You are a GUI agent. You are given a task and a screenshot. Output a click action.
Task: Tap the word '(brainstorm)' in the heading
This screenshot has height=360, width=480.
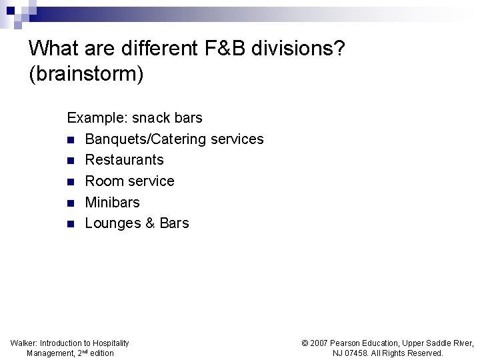coord(86,74)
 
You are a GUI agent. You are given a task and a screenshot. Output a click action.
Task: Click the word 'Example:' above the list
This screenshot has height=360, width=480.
coord(97,118)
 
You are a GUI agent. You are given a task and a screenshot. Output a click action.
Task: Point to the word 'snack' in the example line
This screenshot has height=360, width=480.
coord(152,118)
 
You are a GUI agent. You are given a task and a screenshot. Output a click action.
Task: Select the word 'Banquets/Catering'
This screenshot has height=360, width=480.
coord(145,139)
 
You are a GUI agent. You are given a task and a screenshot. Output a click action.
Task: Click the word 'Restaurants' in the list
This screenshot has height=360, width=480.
coord(124,160)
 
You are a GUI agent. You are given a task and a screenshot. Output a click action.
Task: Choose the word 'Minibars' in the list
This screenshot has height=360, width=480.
coord(112,202)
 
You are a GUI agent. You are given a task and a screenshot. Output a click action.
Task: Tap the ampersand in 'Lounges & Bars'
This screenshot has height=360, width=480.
coord(149,223)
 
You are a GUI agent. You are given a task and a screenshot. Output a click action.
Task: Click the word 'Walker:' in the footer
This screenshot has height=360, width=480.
coord(24,343)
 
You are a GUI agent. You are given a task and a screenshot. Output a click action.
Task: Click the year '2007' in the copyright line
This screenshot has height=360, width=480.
coord(321,343)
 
